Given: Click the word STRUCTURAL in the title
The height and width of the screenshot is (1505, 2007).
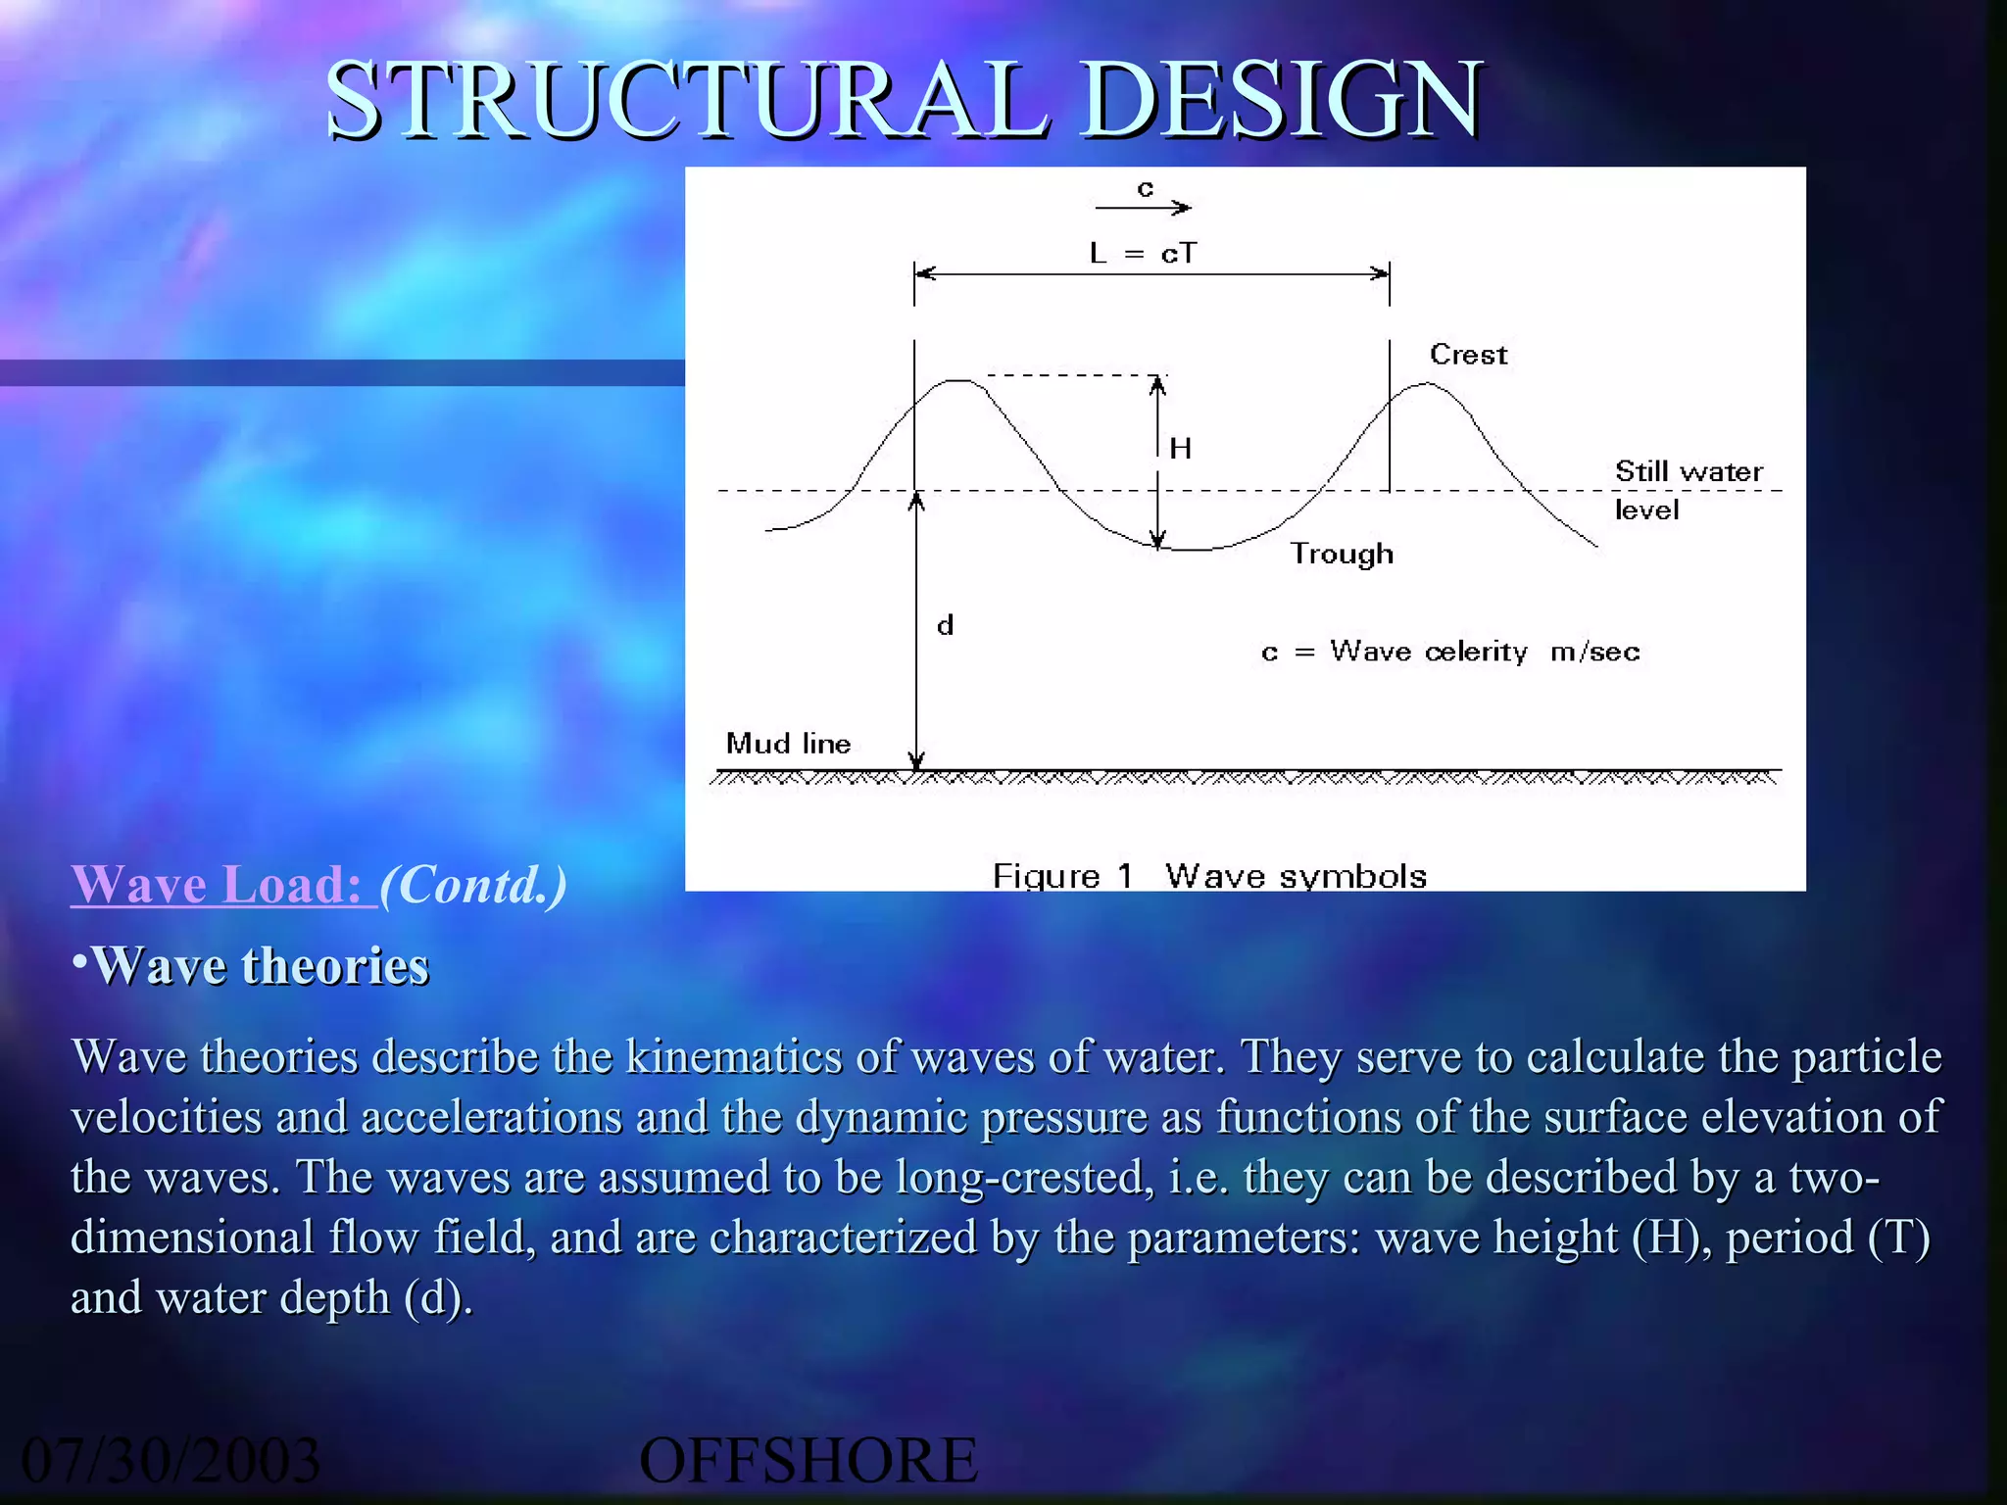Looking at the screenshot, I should (x=686, y=100).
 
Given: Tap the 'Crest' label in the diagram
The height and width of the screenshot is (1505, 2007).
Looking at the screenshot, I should (x=1468, y=355).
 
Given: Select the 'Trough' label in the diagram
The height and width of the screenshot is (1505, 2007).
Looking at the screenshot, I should (x=1342, y=555).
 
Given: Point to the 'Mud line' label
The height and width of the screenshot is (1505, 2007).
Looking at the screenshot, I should (x=788, y=744).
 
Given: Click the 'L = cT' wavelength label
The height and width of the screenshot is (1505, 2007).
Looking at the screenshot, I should (x=1143, y=254).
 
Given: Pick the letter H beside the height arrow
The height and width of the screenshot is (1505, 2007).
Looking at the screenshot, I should (x=1181, y=449).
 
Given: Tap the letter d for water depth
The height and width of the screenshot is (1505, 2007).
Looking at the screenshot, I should (x=945, y=625).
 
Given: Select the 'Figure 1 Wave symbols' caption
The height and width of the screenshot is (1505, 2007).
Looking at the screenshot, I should (x=1209, y=875).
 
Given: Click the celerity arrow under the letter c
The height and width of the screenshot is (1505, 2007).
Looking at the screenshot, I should (x=1143, y=208).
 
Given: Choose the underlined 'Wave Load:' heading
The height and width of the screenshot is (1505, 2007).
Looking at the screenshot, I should (x=221, y=884).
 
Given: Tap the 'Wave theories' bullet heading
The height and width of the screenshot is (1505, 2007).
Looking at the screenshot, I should (x=259, y=966).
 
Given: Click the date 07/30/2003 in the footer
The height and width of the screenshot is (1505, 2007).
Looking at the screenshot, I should (x=171, y=1460).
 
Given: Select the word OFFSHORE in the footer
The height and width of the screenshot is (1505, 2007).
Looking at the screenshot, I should (x=808, y=1460).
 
